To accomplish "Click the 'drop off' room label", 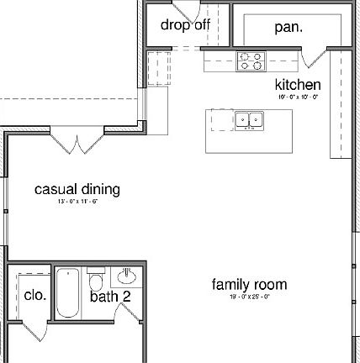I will pyautogui.click(x=185, y=24).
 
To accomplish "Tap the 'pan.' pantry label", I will pyautogui.click(x=289, y=27).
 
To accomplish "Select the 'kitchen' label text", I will pyautogui.click(x=298, y=85).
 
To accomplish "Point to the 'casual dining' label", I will pyautogui.click(x=77, y=189).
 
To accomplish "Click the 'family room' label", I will pyautogui.click(x=249, y=285).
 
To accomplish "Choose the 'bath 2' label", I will pyautogui.click(x=111, y=296).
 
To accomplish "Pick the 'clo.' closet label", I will pyautogui.click(x=35, y=296).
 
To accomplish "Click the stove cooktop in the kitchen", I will pyautogui.click(x=251, y=60).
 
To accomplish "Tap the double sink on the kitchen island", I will pyautogui.click(x=248, y=121).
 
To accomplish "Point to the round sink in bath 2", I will pyautogui.click(x=128, y=276).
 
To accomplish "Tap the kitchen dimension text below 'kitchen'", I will pyautogui.click(x=298, y=97).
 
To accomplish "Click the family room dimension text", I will pyautogui.click(x=249, y=297).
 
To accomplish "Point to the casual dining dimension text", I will pyautogui.click(x=77, y=202).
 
